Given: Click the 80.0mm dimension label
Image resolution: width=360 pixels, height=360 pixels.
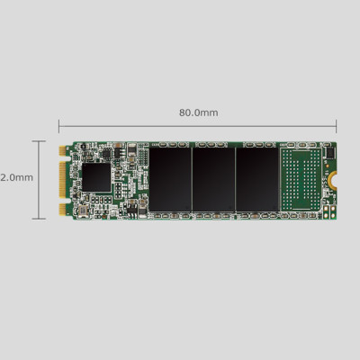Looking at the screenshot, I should coord(198,112).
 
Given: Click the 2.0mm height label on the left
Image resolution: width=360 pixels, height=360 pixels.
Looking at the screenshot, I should coord(17,177).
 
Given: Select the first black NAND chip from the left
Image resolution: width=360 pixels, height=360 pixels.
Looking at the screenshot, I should coord(170,180).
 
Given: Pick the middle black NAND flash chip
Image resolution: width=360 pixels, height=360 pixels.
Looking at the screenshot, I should coord(213,180).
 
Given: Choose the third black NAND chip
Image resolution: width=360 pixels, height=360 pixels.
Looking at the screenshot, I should coord(256,180).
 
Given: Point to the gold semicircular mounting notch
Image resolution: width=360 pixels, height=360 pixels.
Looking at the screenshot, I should coord(333,179).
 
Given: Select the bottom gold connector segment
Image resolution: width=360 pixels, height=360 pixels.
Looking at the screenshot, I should coord(63,209).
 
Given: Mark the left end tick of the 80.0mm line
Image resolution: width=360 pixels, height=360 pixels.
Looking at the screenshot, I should coord(59,126).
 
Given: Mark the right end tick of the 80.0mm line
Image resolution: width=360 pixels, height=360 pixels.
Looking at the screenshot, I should coord(337,126).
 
